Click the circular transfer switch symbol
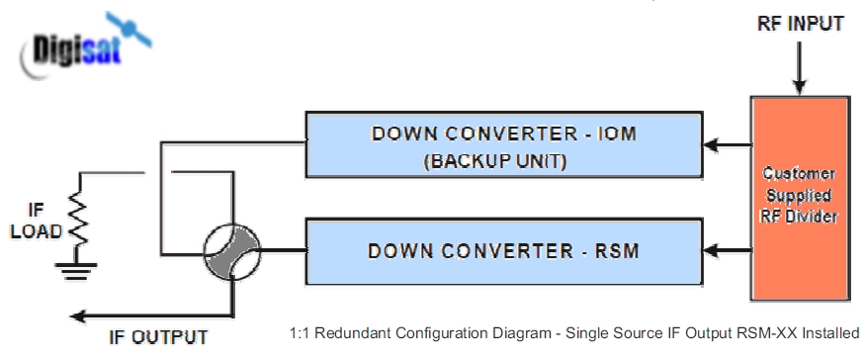[x=231, y=251]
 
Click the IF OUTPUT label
[x=158, y=337]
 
